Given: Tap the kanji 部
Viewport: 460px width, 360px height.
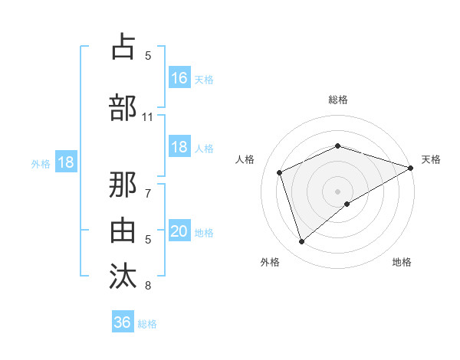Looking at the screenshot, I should [123, 107].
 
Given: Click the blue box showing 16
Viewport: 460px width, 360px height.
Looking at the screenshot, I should [179, 78].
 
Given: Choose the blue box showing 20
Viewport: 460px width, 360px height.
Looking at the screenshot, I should [179, 231].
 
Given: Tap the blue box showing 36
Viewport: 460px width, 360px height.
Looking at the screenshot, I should [123, 322].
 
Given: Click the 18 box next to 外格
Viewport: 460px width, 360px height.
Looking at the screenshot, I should [65, 162].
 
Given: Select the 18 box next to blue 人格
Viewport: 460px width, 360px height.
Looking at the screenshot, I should [179, 147].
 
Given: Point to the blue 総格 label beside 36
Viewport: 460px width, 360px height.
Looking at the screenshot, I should [148, 324].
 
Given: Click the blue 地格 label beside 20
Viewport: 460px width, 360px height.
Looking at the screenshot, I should [205, 233].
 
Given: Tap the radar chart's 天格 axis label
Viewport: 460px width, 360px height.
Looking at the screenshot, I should [431, 159].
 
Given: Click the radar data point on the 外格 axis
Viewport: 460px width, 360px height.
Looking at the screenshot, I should [301, 242].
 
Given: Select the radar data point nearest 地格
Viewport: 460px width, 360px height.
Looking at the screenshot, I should [347, 204].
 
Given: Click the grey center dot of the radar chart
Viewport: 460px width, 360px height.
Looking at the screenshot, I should [337, 191].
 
